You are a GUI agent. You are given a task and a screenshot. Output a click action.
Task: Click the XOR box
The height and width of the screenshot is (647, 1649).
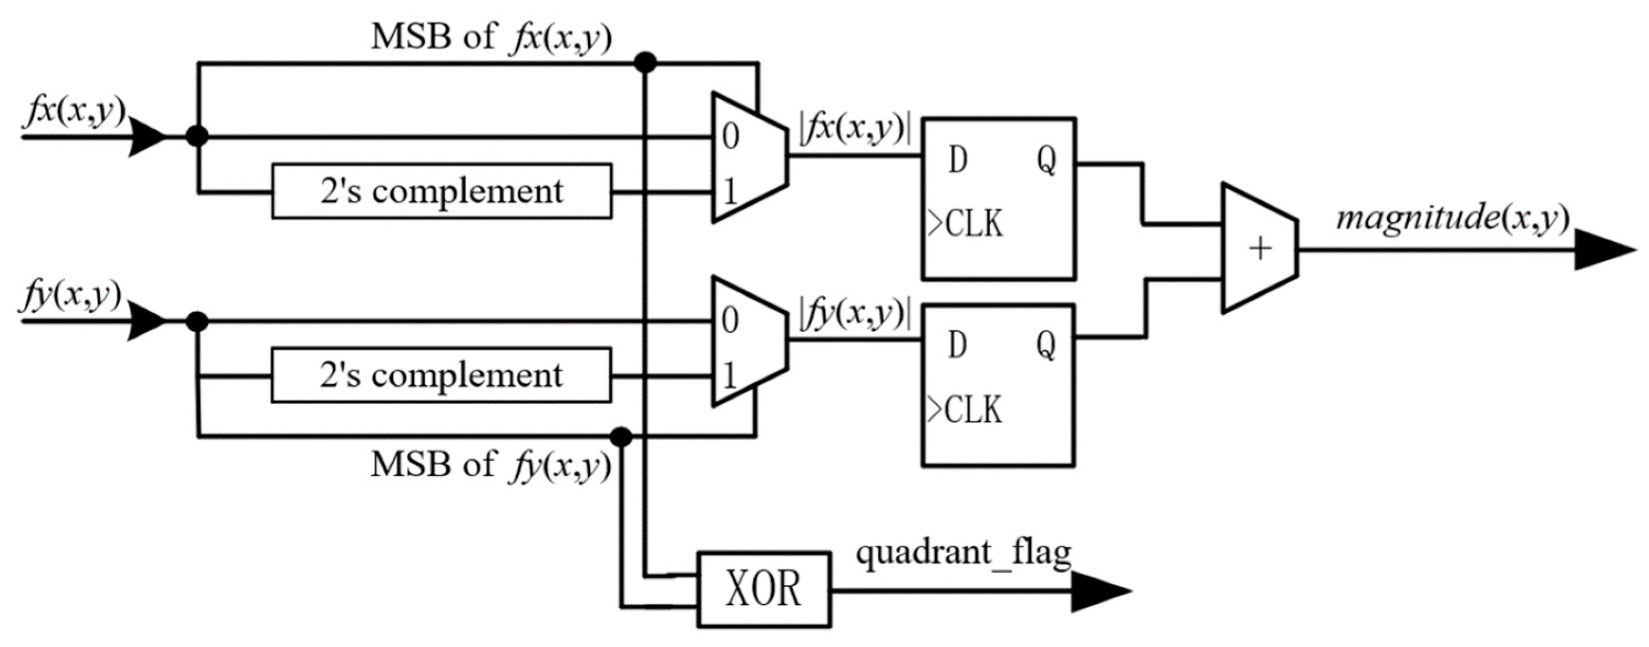pos(764,589)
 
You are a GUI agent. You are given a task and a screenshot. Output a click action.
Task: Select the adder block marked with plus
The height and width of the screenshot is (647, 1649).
pos(1259,248)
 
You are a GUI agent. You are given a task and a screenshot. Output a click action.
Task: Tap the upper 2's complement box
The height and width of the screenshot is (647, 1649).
pos(441,191)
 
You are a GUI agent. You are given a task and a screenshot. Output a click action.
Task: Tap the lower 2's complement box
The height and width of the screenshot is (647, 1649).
pos(441,375)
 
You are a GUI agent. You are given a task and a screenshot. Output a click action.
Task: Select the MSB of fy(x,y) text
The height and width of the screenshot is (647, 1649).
pos(490,465)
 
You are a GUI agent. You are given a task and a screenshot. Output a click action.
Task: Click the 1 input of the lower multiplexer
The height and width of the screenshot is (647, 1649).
pos(730,376)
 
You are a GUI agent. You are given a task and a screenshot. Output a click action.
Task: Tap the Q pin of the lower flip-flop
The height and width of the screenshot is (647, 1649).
pos(1046,345)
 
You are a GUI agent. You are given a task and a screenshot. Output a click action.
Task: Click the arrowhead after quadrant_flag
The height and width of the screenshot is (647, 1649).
pos(1098,590)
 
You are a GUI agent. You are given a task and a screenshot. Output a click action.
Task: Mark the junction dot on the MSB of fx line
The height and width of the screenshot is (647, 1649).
pos(645,63)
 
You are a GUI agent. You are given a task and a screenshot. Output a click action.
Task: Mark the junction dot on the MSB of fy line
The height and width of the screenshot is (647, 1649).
pos(621,437)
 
